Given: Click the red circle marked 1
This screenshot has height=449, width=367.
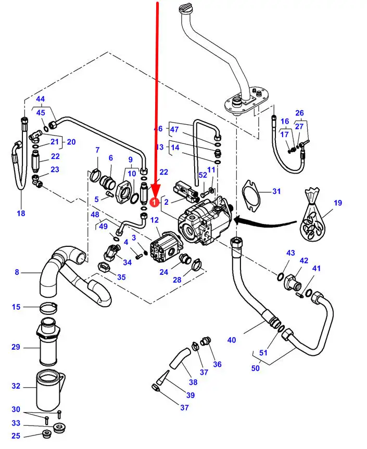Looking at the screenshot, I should pos(154,203).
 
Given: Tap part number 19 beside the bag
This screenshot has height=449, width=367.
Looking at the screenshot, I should pos(338,203).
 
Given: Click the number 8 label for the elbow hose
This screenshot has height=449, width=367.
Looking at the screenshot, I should pos(17,272).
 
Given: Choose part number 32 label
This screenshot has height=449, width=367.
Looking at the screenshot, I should pos(16,386).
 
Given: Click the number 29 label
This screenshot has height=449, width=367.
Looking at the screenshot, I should pos(16,346).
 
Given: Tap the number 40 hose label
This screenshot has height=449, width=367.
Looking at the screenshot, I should pos(231,340).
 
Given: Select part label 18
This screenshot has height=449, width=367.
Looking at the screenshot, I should pos(21,213).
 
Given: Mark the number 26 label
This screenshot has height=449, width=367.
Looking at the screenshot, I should pos(299,113).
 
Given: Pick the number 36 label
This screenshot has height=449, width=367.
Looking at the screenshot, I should pos(217,364).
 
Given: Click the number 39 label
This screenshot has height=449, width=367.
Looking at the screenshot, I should pos(191,395).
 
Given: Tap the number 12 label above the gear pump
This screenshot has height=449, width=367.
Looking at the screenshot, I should pos(155,220).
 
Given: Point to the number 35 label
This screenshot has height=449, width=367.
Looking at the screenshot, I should pos(121,277).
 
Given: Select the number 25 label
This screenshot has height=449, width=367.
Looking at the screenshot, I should pos(16,435).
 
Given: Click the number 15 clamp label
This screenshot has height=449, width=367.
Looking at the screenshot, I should pos(16,307).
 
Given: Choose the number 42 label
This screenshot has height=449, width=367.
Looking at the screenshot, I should pos(304,261).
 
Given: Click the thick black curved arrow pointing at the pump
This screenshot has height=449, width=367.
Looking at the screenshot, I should pos(265,222).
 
